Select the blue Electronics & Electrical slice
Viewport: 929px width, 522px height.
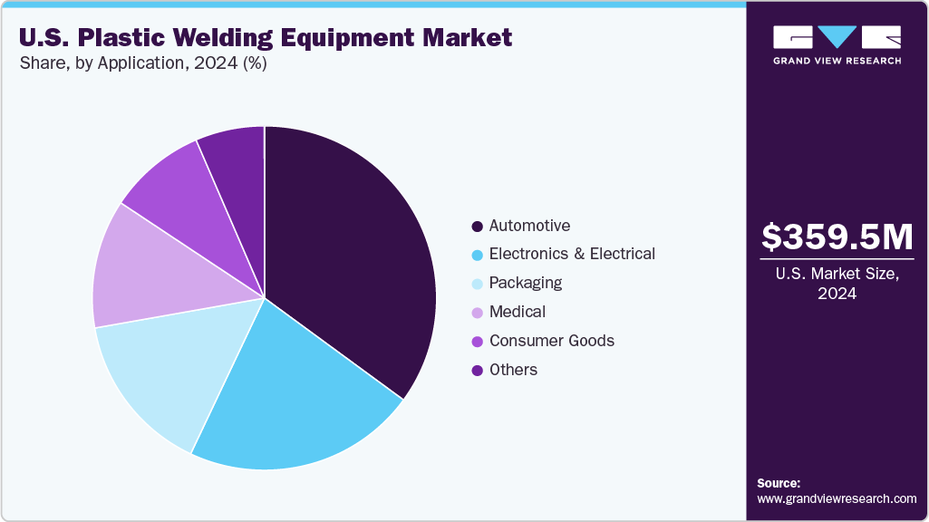tap(290, 399)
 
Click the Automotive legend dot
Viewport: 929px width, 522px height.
tap(477, 226)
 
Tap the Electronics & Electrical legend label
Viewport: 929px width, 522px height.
tap(571, 254)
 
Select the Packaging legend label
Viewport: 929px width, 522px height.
tap(525, 283)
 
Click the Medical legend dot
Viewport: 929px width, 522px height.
tap(477, 313)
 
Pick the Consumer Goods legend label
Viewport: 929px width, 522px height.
tap(551, 341)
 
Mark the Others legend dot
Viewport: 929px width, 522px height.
tap(477, 371)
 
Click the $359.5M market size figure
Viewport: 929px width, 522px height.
tap(837, 237)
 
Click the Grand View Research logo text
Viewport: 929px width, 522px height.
tap(837, 61)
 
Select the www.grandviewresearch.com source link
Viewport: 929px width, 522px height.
tap(837, 498)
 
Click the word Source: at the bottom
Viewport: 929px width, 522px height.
tap(779, 483)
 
